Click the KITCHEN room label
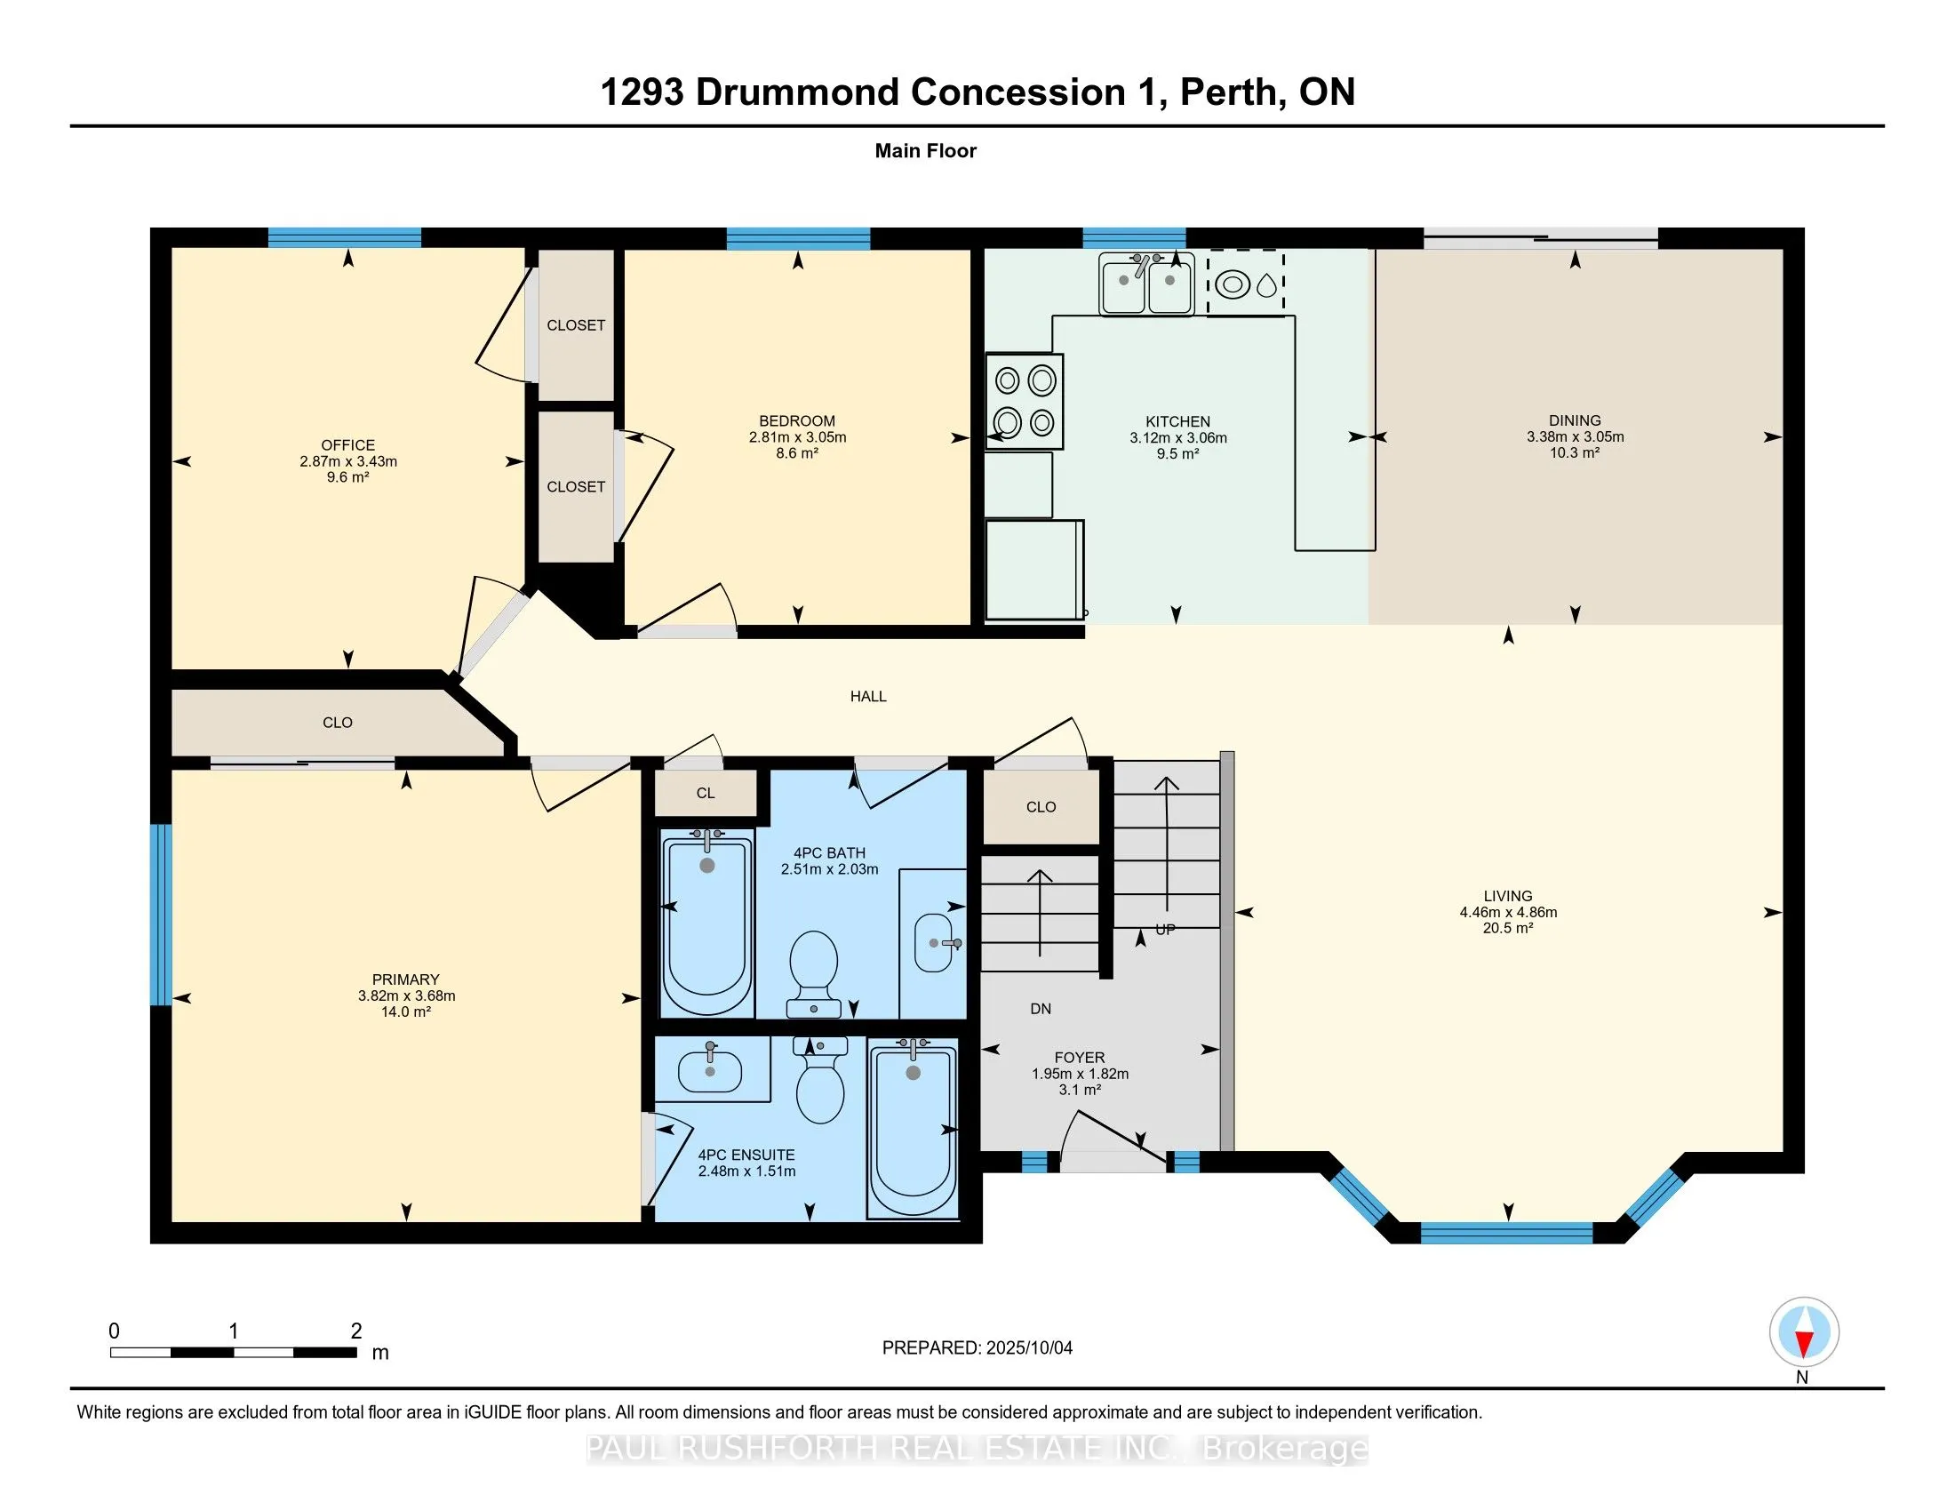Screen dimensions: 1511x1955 [x=1177, y=420]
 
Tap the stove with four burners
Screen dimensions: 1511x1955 [x=1024, y=401]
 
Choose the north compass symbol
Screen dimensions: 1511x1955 [x=1804, y=1333]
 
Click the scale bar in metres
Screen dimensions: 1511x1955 [x=233, y=1352]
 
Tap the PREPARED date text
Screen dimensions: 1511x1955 [x=977, y=1347]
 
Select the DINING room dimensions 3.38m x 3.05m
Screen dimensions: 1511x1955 [x=1575, y=436]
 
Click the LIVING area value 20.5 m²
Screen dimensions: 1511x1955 [x=1507, y=928]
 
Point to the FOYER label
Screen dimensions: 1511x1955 [x=1080, y=1057]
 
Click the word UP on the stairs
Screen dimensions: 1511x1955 [x=1165, y=929]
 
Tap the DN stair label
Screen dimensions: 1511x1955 [x=1041, y=1009]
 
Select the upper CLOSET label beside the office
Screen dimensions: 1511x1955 [x=576, y=325]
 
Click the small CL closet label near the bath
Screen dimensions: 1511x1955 [x=706, y=793]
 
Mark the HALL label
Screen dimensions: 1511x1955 [x=867, y=696]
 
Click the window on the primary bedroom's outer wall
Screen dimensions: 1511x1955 [x=160, y=914]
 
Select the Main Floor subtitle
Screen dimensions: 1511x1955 [x=925, y=150]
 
